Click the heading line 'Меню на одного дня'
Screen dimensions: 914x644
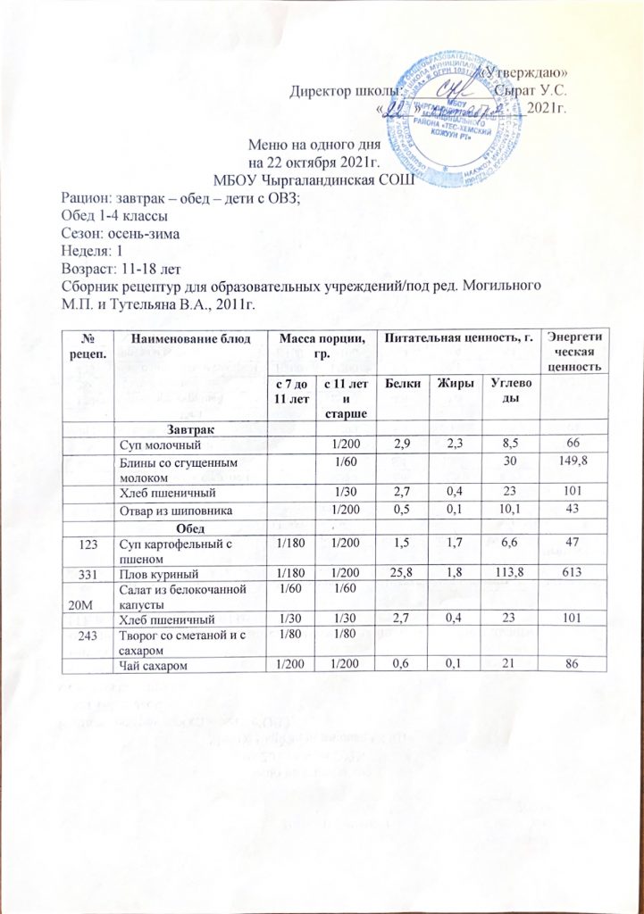pos(314,145)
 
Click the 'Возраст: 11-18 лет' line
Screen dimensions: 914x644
pos(121,267)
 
